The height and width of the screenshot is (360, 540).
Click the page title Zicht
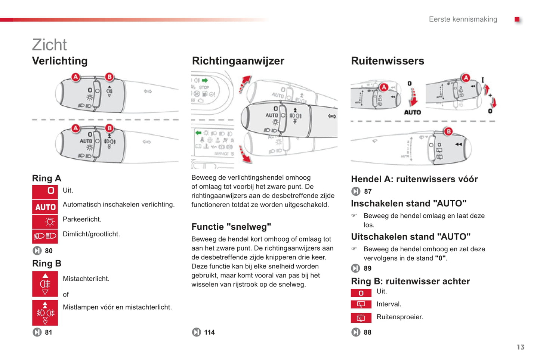tap(49, 45)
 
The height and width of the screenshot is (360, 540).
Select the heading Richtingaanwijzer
tap(238, 61)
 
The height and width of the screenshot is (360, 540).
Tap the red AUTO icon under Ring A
tap(45, 207)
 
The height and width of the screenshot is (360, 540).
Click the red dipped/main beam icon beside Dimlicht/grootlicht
tap(45, 236)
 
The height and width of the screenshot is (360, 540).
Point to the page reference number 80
tap(49, 251)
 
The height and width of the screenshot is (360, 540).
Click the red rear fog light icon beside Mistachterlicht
tap(45, 284)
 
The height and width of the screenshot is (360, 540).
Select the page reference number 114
tap(209, 332)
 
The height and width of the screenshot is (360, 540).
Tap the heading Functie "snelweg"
tap(231, 227)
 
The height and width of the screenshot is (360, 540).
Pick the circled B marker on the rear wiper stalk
tap(448, 131)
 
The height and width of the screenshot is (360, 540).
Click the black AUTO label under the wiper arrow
tap(413, 112)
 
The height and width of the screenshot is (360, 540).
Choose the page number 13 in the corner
tap(521, 347)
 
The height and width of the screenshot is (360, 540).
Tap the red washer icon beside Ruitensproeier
tap(361, 318)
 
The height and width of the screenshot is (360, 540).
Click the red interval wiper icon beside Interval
tap(361, 304)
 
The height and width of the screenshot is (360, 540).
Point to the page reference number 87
tap(368, 192)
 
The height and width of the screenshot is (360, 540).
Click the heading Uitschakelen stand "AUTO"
tap(410, 237)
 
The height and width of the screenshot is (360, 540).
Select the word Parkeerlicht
tap(82, 219)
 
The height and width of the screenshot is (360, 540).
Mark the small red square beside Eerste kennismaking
tap(517, 19)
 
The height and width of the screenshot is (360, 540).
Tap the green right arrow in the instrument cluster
tap(205, 80)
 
